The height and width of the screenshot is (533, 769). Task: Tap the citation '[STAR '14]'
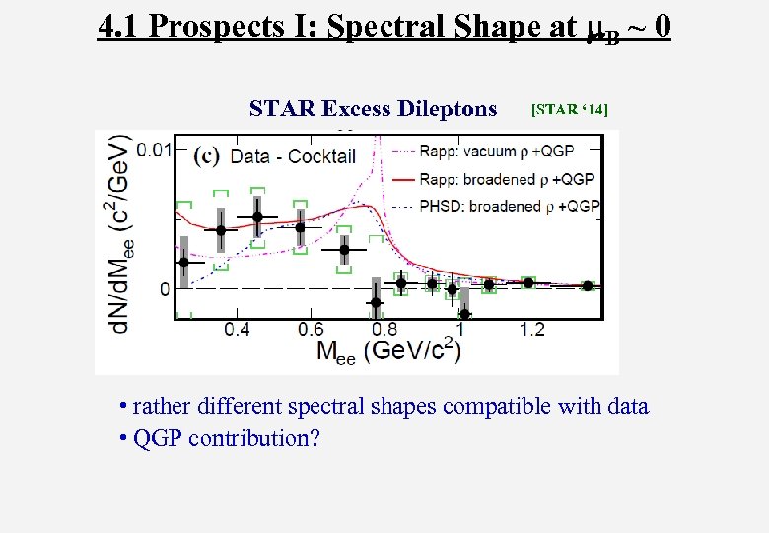(569, 109)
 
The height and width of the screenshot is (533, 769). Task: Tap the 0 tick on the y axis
(166, 289)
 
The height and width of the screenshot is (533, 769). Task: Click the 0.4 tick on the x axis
(236, 329)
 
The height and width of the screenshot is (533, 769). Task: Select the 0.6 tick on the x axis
(311, 329)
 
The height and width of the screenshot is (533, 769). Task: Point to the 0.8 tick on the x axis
(384, 329)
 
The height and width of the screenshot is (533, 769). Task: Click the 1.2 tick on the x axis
(533, 329)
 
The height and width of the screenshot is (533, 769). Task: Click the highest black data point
(258, 217)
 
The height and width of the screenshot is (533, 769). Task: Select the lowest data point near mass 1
(465, 314)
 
